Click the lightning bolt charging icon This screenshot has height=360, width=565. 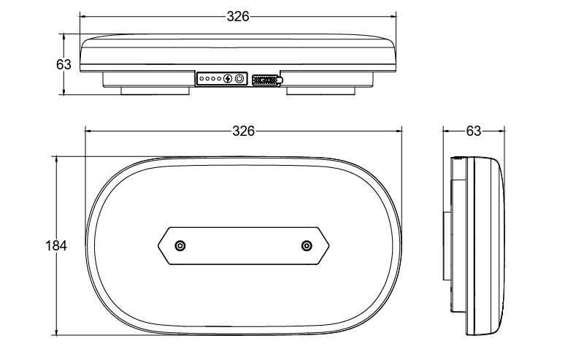(x=228, y=78)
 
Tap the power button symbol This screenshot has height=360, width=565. (x=239, y=78)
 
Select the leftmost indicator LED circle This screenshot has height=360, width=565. (x=201, y=79)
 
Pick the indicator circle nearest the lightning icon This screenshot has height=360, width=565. (x=219, y=79)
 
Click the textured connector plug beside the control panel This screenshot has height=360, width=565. (x=267, y=80)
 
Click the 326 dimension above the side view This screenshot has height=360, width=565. (x=238, y=16)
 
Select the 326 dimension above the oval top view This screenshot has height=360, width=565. (x=243, y=131)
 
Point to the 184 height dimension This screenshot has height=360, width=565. (x=56, y=246)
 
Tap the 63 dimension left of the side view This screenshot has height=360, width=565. (x=64, y=64)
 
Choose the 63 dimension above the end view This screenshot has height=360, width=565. (x=473, y=131)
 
